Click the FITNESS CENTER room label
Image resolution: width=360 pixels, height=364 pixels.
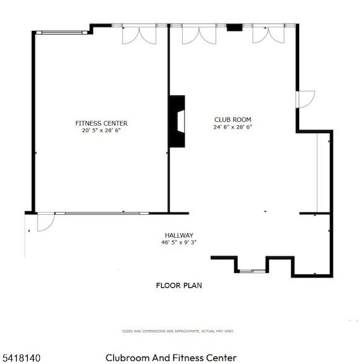pos(101,123)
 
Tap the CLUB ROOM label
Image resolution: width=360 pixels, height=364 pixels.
pos(233,119)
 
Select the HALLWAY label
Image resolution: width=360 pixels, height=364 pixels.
pos(178,235)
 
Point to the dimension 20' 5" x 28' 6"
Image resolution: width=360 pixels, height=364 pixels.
pos(101,131)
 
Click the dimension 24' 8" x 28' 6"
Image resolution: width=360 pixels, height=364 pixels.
pos(233,127)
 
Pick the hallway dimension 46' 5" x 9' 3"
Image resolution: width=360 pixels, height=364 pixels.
pos(178,243)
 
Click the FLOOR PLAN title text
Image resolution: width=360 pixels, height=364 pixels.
pos(178,285)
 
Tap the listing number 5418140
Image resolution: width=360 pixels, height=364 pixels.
pos(22,358)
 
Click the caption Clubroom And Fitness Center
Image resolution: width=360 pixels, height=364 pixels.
pos(171,358)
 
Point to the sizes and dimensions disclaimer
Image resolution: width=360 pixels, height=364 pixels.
pos(178,332)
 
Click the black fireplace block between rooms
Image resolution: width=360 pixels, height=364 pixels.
pos(177,121)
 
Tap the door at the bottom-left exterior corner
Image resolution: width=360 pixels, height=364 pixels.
pos(45,222)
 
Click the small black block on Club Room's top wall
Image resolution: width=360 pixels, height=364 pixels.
pos(234,27)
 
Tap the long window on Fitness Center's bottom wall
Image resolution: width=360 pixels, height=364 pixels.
pos(102,213)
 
